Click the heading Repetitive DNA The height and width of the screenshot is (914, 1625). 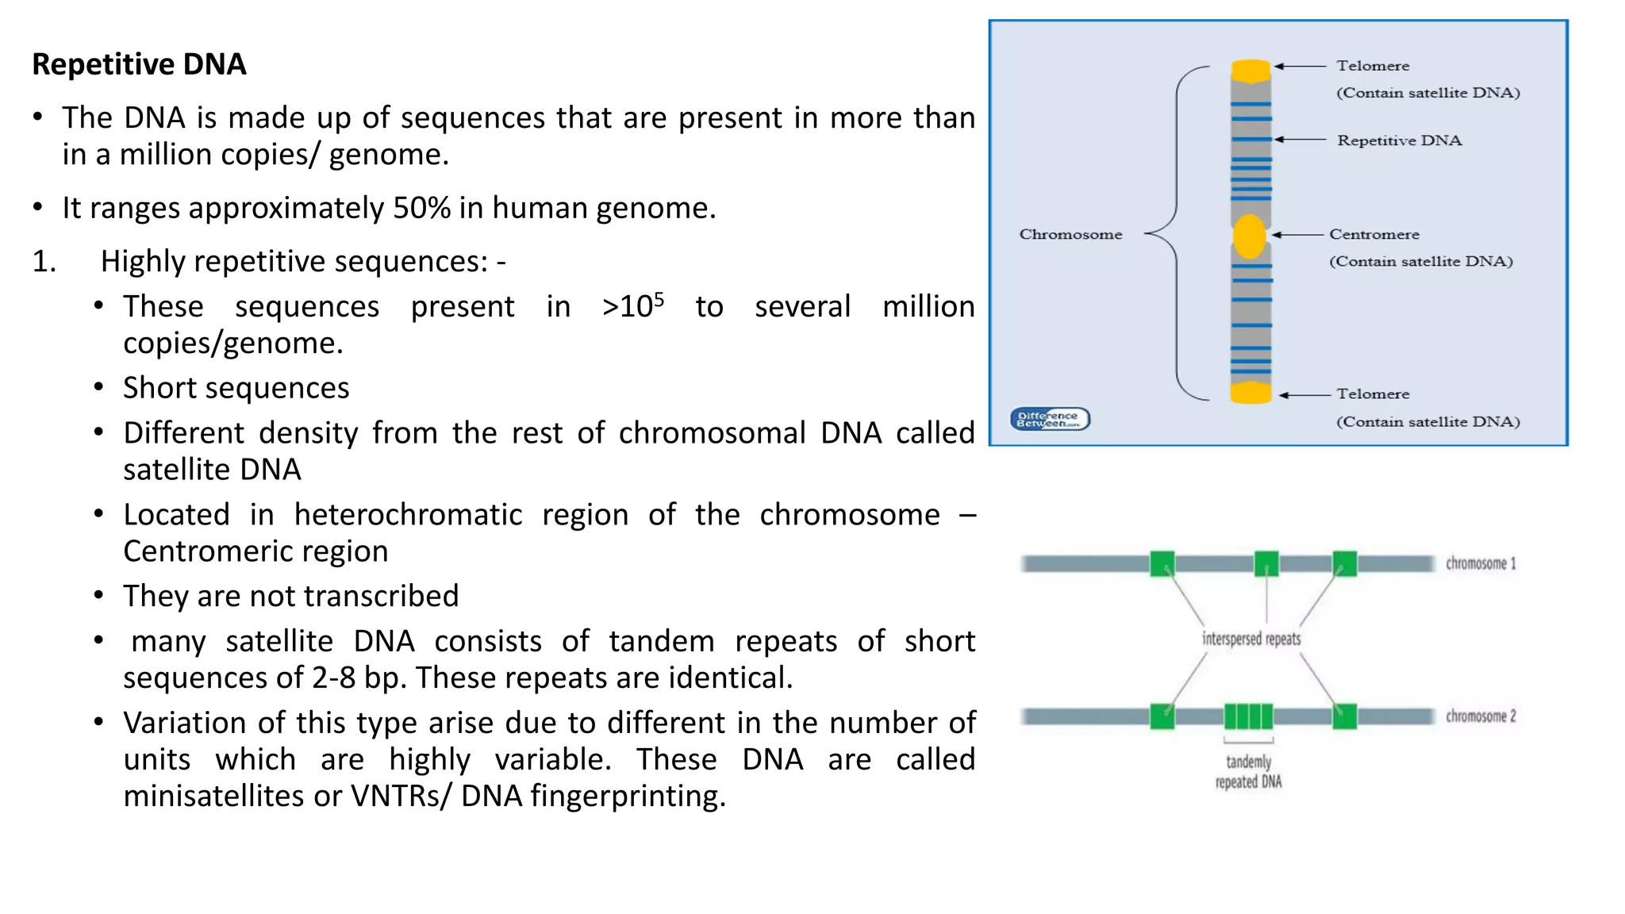[x=139, y=64]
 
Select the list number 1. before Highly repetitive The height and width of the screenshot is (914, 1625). [x=44, y=261]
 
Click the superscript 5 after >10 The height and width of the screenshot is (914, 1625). [x=659, y=299]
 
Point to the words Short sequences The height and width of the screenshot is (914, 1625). [x=236, y=388]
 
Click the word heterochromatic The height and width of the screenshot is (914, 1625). [x=408, y=515]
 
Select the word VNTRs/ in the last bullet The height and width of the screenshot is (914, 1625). [x=401, y=796]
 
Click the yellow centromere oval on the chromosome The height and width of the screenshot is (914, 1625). [x=1250, y=236]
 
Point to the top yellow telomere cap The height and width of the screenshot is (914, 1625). [x=1250, y=71]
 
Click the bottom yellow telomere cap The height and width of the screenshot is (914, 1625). [x=1250, y=393]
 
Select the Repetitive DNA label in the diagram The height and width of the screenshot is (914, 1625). [x=1399, y=140]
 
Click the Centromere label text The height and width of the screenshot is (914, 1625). [x=1374, y=235]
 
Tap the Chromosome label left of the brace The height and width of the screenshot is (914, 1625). [x=1070, y=235]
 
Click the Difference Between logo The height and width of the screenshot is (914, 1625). [x=1050, y=419]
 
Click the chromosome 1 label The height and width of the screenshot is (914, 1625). [x=1480, y=563]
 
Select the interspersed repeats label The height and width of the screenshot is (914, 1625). [x=1251, y=639]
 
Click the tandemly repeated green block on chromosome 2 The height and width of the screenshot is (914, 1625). [x=1248, y=716]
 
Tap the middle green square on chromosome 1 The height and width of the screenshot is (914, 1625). [x=1266, y=563]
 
